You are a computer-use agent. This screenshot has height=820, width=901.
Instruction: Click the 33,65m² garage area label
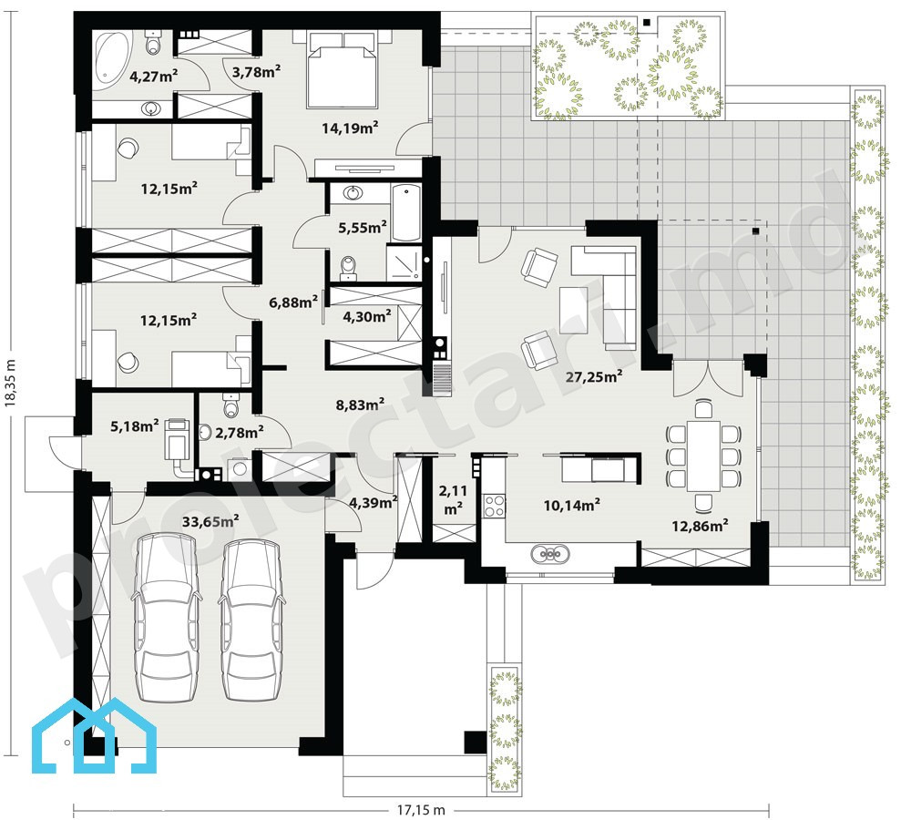point(210,521)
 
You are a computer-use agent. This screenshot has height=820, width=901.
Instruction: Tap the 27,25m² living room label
point(594,377)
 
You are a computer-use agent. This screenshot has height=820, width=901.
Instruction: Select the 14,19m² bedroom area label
point(349,128)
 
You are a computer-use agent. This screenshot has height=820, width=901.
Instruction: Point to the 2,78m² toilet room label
point(239,432)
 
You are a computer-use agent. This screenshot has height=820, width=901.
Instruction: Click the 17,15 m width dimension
point(421,810)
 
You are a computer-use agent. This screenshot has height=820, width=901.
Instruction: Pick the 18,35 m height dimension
point(10,384)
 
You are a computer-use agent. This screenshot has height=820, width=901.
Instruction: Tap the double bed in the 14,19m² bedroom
point(343,69)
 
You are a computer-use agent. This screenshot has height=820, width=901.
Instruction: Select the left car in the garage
point(167,618)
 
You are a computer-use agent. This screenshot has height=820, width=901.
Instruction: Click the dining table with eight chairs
point(704,455)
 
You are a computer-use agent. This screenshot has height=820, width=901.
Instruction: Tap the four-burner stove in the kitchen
point(494,506)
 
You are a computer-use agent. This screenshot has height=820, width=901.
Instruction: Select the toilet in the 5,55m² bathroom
point(348,267)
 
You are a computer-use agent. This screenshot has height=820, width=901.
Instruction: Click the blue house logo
point(94,735)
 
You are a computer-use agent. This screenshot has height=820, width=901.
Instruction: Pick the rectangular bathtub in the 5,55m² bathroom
point(407,213)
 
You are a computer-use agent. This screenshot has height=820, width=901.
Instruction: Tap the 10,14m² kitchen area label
point(572,505)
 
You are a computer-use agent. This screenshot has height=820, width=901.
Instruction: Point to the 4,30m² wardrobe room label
point(366,316)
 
